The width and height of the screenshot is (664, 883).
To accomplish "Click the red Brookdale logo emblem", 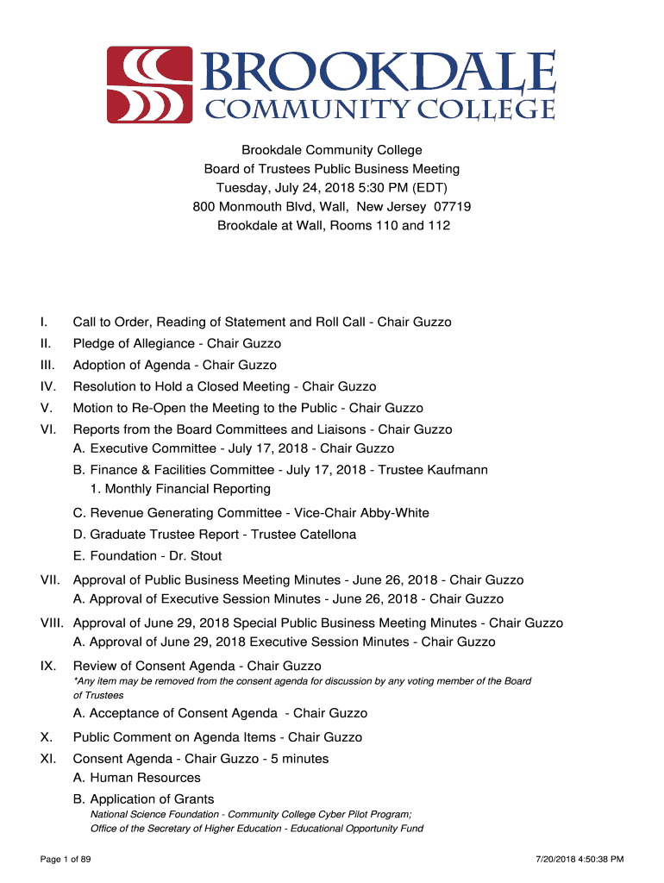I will (149, 85).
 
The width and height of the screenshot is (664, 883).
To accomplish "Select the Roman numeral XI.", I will (47, 759).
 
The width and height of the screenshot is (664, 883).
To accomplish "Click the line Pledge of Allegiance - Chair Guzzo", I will (177, 343).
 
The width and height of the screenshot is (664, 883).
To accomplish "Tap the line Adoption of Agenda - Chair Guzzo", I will (175, 365).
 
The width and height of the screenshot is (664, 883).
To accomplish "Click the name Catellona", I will (324, 535).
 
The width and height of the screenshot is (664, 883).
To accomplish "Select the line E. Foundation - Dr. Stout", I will (147, 556).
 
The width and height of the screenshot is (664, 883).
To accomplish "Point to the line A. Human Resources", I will (137, 778).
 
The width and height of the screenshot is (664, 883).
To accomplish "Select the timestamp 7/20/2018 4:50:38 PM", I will (579, 859).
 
